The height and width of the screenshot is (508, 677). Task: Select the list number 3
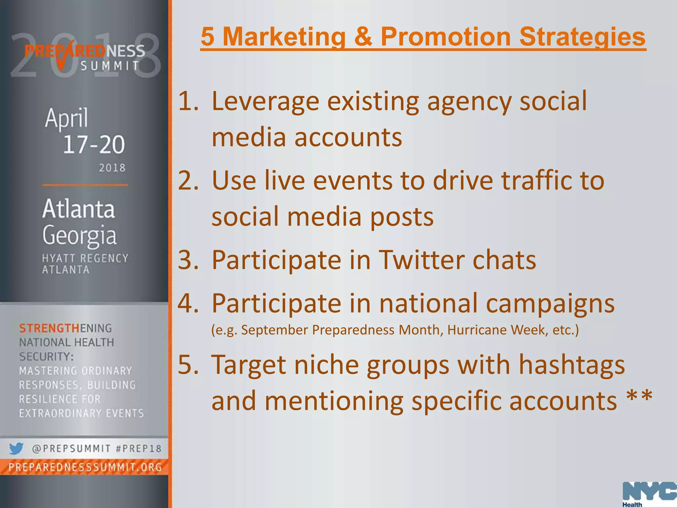[x=188, y=260]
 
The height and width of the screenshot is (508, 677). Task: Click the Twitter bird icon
[x=16, y=448]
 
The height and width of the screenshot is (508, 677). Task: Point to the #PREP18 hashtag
[x=139, y=449]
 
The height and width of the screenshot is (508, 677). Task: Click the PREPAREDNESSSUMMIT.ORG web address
[x=85, y=467]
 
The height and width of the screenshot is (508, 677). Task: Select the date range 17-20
[x=94, y=145]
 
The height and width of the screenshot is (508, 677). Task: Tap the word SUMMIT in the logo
[x=110, y=66]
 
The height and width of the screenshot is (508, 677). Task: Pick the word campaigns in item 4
[x=550, y=304]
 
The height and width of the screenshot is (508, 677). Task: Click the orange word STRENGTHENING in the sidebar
[x=65, y=328]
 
